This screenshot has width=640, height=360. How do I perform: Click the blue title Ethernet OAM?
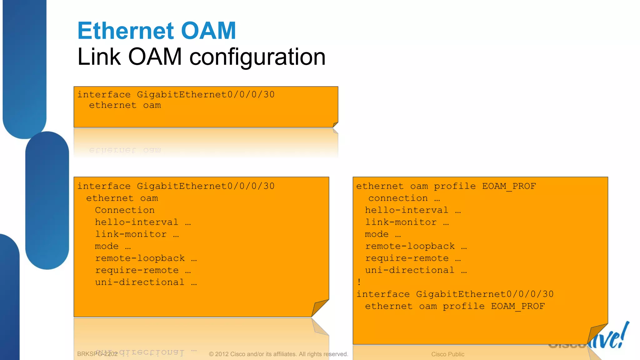(x=157, y=31)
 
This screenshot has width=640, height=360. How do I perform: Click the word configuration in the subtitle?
(x=257, y=57)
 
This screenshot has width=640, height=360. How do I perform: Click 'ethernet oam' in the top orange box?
(x=125, y=105)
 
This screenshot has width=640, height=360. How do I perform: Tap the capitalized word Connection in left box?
(x=125, y=210)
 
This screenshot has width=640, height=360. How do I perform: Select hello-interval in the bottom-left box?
(x=137, y=222)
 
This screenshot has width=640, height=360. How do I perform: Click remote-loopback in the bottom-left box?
(x=140, y=258)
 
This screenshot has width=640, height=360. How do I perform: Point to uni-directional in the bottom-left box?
(x=140, y=282)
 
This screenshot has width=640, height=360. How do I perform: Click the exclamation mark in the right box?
(x=359, y=282)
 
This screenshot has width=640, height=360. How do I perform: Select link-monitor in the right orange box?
(x=401, y=222)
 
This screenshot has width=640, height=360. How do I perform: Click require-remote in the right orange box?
(x=407, y=258)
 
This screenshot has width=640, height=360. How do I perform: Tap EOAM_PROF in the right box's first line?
(x=509, y=186)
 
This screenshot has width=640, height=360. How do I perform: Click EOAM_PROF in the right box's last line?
(x=517, y=306)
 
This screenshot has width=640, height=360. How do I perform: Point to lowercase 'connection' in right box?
(x=398, y=198)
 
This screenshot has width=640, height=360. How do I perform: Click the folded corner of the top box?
(x=335, y=125)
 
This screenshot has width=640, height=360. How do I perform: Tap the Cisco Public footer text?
(x=447, y=354)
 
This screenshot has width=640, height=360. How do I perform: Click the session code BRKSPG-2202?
(x=97, y=354)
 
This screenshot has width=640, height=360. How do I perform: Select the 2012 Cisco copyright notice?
(x=278, y=354)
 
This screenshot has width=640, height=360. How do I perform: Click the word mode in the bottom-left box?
(x=107, y=246)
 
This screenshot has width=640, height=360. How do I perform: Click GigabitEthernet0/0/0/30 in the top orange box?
(x=206, y=94)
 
